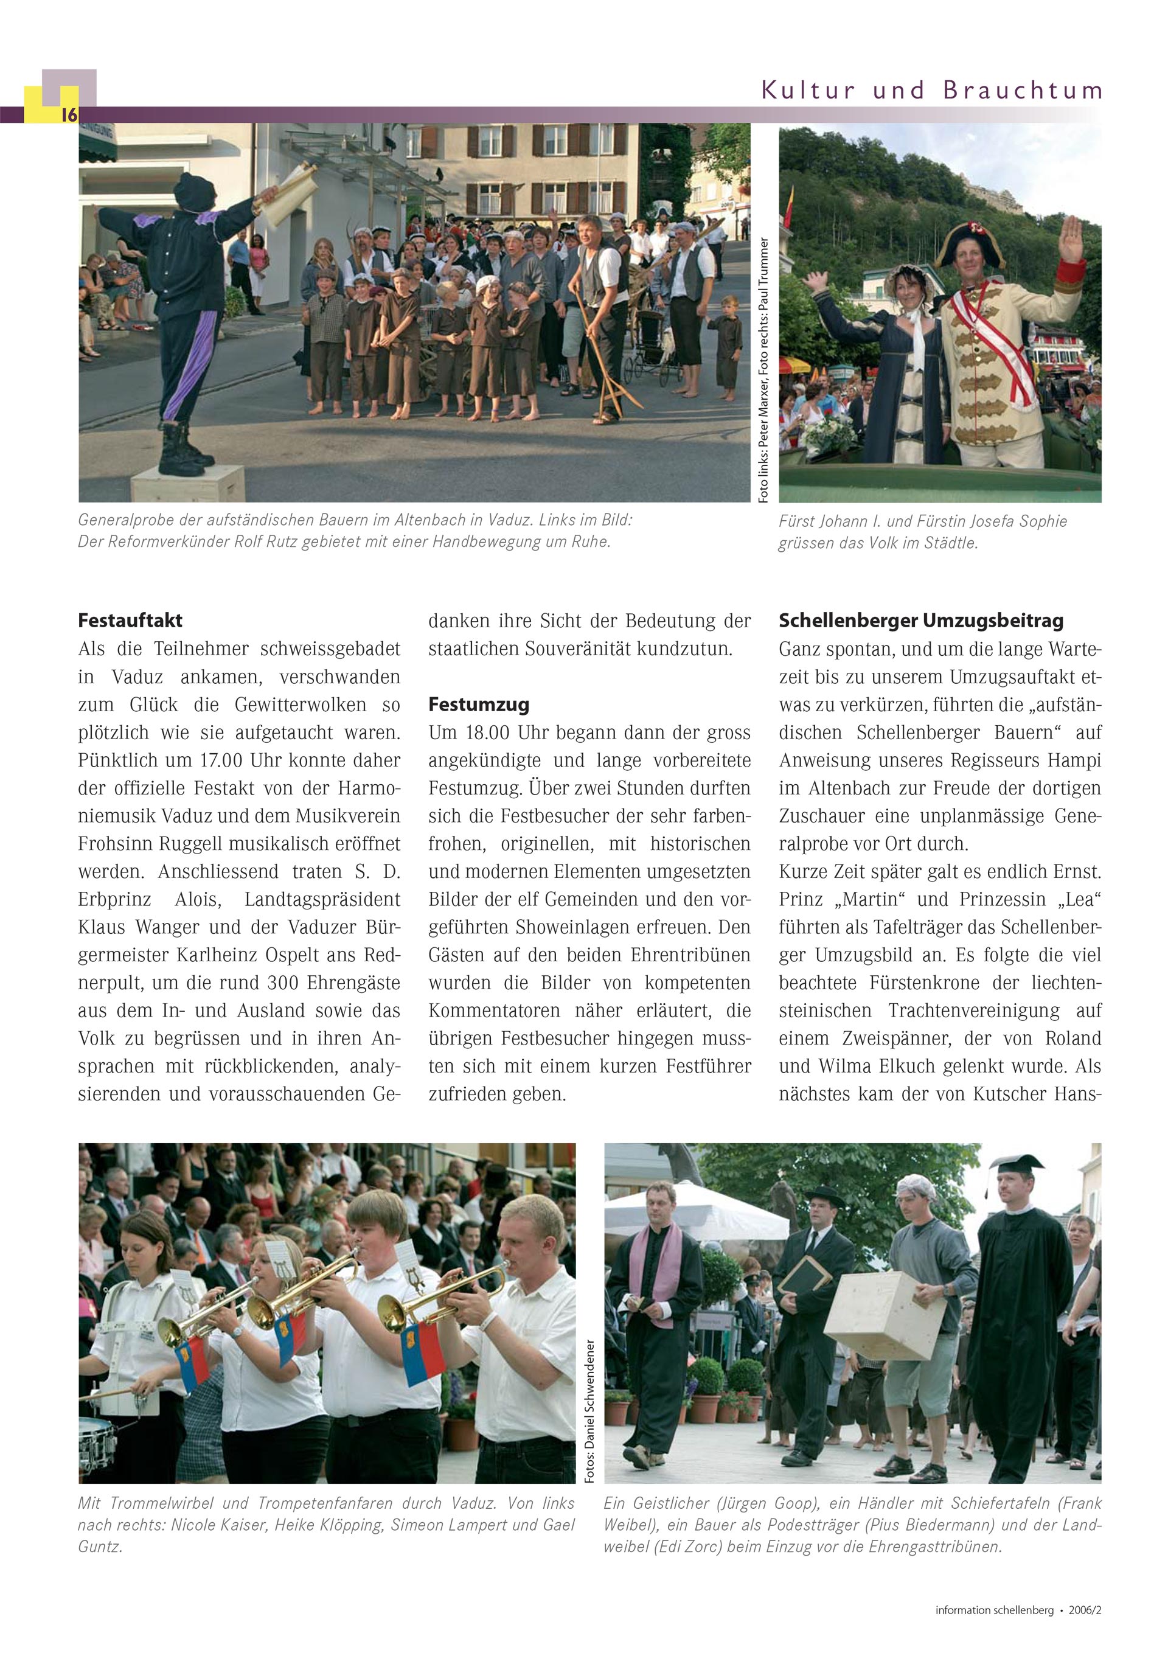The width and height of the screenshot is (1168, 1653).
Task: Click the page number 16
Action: [69, 114]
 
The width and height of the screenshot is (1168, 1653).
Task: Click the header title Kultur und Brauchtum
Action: [932, 91]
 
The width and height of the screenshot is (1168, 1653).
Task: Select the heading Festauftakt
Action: [130, 621]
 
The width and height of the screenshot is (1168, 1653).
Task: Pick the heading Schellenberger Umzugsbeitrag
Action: [921, 621]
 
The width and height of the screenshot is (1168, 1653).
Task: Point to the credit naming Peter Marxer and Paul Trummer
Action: [763, 369]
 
